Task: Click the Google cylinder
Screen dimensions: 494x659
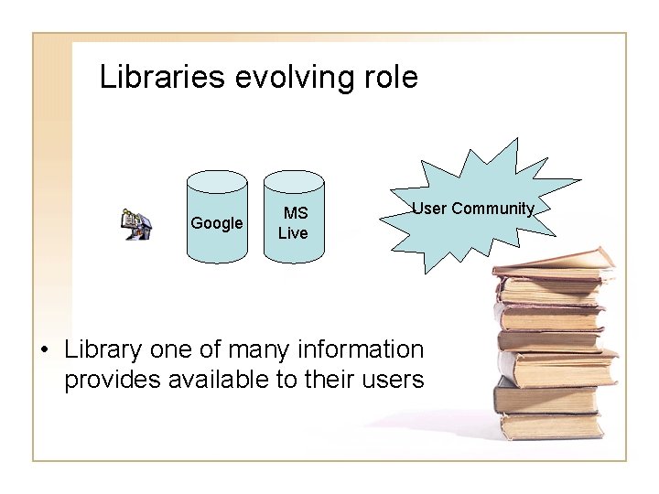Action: click(x=217, y=220)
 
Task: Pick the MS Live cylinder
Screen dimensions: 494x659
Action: click(x=293, y=220)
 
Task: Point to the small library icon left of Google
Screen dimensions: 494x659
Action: click(x=137, y=223)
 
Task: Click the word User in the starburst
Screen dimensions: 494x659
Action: click(x=429, y=209)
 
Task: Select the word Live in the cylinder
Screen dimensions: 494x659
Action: click(x=293, y=233)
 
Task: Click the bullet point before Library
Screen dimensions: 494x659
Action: click(x=45, y=350)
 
